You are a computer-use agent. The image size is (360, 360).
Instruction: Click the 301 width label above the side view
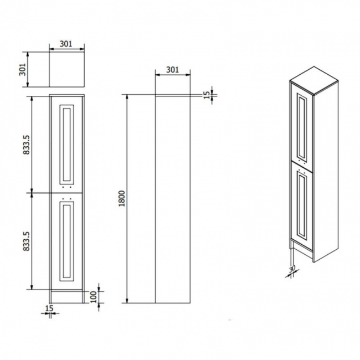[172, 70]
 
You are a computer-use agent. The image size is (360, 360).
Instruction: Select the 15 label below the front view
[49, 308]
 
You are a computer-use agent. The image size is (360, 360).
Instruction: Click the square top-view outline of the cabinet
[66, 70]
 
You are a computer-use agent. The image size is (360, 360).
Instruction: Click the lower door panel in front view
[67, 241]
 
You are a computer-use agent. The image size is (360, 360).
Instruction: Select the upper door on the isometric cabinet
[302, 126]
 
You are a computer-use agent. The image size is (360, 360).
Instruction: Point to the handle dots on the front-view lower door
[67, 198]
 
